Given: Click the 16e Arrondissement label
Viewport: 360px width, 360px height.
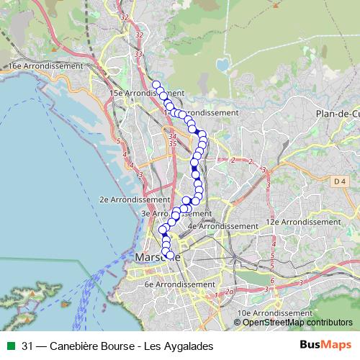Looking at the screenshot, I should pyautogui.click(x=46, y=66).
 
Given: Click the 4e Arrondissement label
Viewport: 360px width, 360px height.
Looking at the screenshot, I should pyautogui.click(x=222, y=226).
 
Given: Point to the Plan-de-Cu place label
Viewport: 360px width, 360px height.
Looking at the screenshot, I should pyautogui.click(x=337, y=114).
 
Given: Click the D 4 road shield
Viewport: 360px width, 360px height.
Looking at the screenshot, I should pyautogui.click(x=339, y=183).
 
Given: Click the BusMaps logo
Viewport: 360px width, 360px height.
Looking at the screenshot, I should pyautogui.click(x=325, y=346).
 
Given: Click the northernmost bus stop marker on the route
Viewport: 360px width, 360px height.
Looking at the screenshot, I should pyautogui.click(x=156, y=85).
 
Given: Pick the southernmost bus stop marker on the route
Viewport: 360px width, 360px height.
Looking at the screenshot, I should pyautogui.click(x=170, y=255).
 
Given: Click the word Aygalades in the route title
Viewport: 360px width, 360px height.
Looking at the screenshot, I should pyautogui.click(x=189, y=346).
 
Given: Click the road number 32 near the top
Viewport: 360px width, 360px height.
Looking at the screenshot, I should pyautogui.click(x=125, y=17).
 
